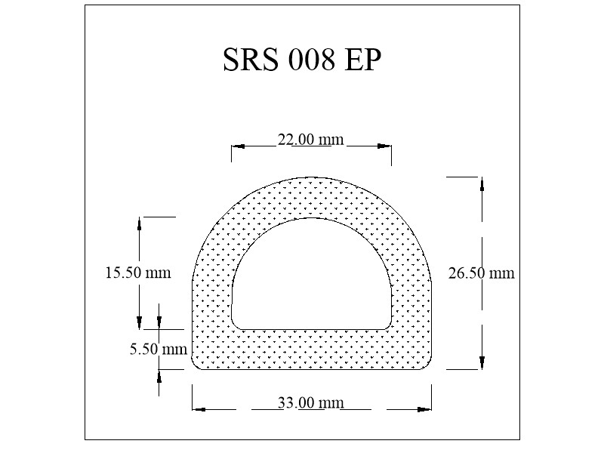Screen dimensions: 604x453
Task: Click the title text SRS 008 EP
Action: click(x=302, y=60)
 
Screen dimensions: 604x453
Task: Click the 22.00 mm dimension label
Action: click(x=310, y=139)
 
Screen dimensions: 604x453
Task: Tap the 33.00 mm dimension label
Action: click(x=310, y=402)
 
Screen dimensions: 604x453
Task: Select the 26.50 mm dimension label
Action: click(x=481, y=273)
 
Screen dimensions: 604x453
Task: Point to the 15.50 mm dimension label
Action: click(x=138, y=273)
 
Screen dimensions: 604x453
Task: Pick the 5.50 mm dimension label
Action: click(x=159, y=349)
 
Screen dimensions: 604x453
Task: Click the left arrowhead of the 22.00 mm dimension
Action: click(x=238, y=146)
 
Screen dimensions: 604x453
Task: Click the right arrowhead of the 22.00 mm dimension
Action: click(x=385, y=146)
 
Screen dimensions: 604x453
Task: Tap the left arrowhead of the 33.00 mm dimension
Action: click(x=199, y=409)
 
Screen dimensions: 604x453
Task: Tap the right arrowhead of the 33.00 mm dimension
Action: click(x=424, y=409)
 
